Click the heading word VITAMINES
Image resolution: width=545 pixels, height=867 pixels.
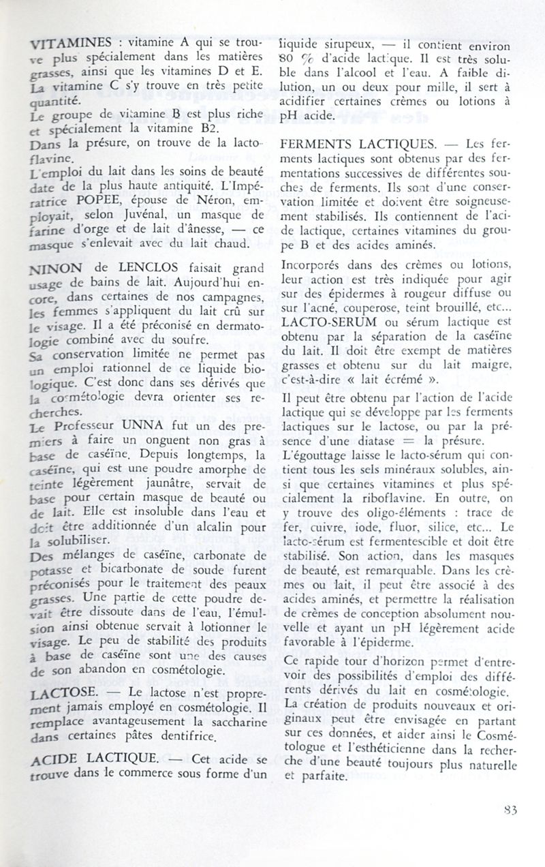(68, 44)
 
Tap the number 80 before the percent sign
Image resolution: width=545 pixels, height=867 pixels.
(288, 59)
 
